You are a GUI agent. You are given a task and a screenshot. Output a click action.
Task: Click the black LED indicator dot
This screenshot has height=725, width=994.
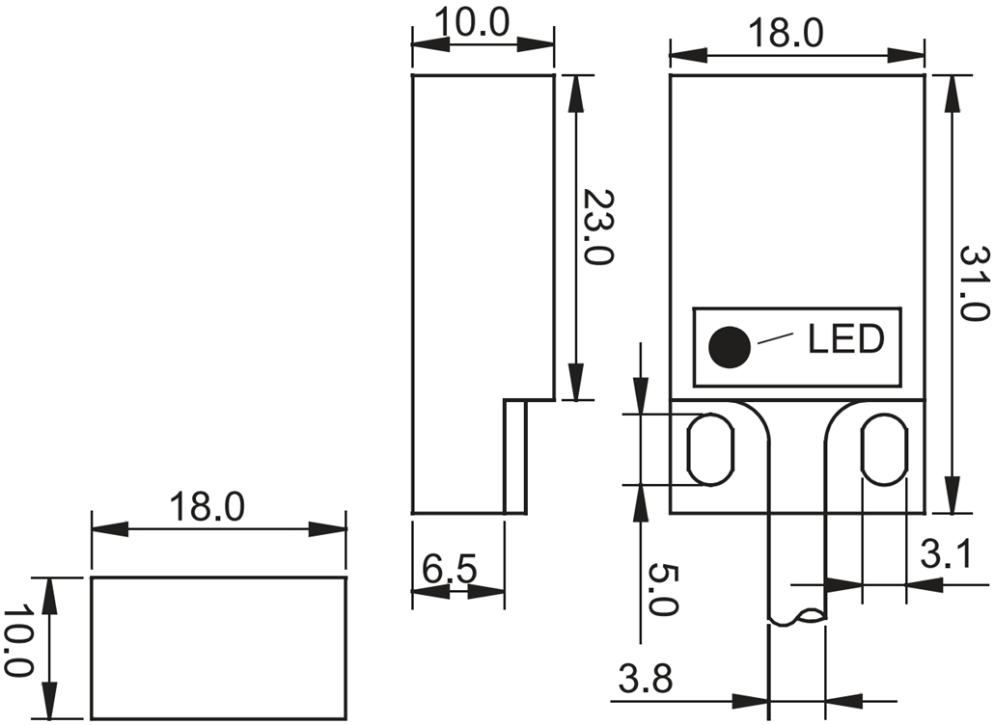coord(729,347)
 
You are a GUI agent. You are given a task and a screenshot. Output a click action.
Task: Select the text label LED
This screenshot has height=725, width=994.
coord(845,338)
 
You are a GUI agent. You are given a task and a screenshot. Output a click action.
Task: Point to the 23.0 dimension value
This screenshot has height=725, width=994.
coord(598,228)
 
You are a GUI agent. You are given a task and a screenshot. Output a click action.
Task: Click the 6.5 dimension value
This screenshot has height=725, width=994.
coord(449,570)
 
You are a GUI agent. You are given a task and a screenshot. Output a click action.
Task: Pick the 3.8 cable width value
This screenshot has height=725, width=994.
coord(645,681)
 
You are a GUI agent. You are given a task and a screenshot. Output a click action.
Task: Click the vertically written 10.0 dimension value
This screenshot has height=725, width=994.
coord(18,642)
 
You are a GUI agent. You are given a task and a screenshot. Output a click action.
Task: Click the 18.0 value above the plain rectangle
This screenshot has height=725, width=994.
coord(207,507)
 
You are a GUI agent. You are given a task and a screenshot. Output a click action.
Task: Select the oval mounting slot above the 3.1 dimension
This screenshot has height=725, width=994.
coord(884,448)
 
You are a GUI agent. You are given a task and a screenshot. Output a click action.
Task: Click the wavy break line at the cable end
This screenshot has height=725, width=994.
coord(796,617)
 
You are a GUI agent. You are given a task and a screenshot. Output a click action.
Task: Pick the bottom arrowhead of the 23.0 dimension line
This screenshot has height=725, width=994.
coord(576,384)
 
